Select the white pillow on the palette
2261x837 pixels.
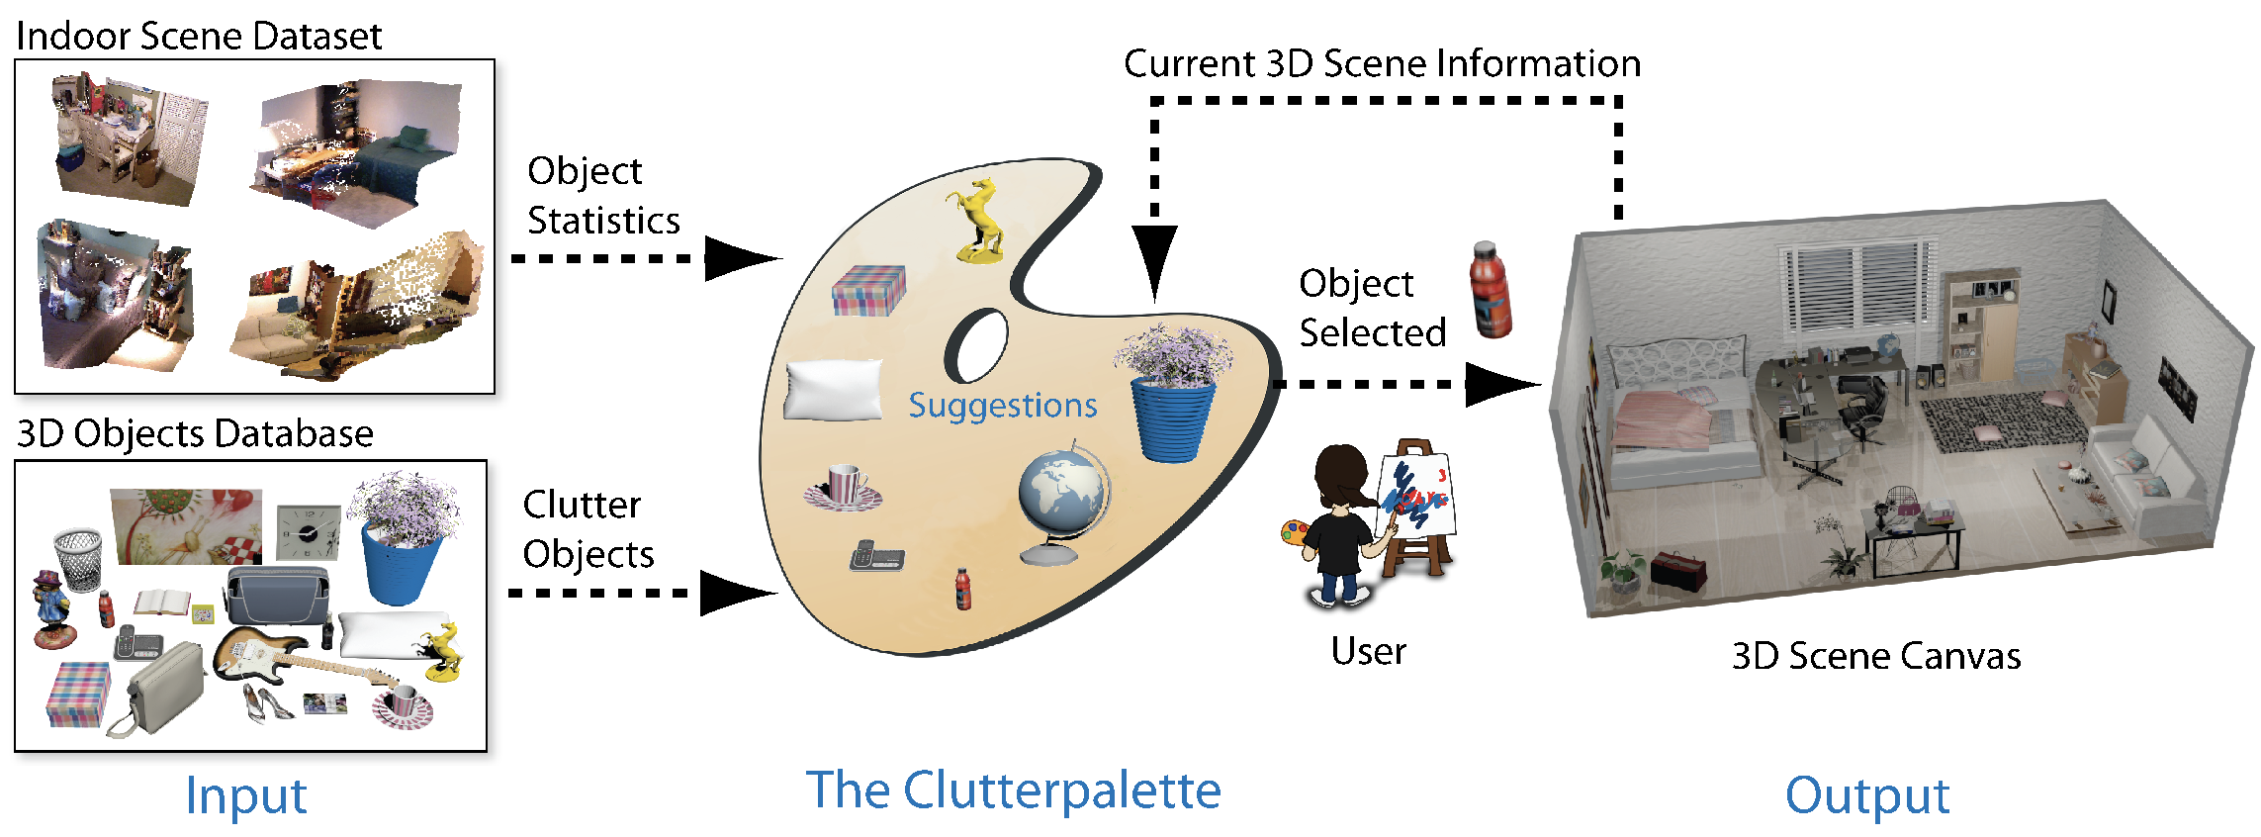[833, 390]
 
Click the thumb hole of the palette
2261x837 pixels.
[977, 345]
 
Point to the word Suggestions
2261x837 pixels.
[1002, 406]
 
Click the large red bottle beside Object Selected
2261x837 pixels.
[1491, 290]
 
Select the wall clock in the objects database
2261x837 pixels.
[308, 532]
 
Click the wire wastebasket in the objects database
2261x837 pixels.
[79, 558]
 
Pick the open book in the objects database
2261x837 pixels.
[161, 603]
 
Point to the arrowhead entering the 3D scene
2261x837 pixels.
[1499, 384]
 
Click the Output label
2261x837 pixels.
[1866, 794]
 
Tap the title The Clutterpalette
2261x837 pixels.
[1013, 790]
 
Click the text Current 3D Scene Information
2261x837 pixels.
[1382, 64]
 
